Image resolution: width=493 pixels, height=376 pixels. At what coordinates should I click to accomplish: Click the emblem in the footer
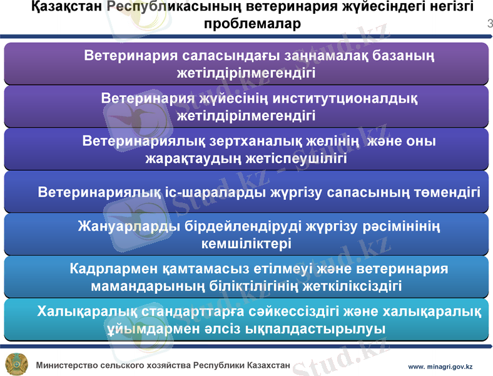[x=16, y=364]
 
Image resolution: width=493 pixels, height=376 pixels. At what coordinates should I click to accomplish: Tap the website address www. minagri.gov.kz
[x=440, y=366]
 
